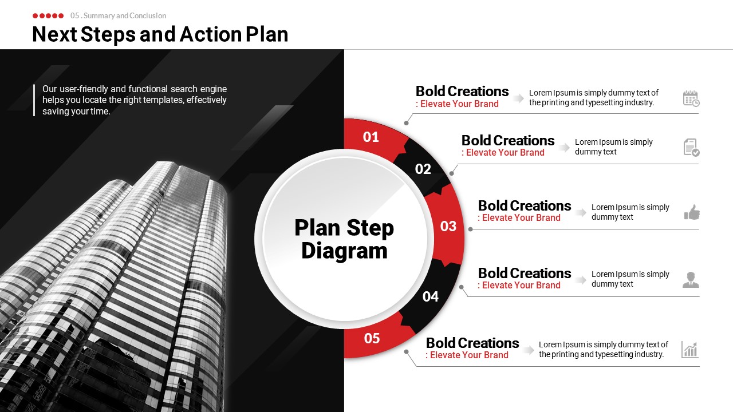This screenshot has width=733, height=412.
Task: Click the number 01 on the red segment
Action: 371,137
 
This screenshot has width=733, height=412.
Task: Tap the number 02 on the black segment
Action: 423,169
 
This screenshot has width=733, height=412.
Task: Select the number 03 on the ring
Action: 448,226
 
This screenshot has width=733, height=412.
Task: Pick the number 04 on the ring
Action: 430,296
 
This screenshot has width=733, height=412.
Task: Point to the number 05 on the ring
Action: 372,338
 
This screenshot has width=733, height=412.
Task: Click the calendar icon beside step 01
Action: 691,98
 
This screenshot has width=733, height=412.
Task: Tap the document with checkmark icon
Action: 691,148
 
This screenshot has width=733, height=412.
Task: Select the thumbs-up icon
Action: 692,212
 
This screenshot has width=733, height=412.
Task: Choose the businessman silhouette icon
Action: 691,280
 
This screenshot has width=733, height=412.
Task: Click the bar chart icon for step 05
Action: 690,350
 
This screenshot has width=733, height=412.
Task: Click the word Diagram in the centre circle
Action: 344,251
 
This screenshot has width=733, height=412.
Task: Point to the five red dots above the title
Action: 48,15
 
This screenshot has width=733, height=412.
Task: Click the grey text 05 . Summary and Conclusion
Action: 118,15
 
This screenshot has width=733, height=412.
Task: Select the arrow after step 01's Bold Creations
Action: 518,98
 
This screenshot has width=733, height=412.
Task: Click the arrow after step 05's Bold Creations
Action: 528,350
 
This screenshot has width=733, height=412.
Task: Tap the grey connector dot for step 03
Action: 470,229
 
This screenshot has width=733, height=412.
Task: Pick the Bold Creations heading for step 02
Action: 508,141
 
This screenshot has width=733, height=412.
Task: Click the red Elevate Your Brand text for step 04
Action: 521,285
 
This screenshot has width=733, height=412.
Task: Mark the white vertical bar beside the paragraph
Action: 34,100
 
